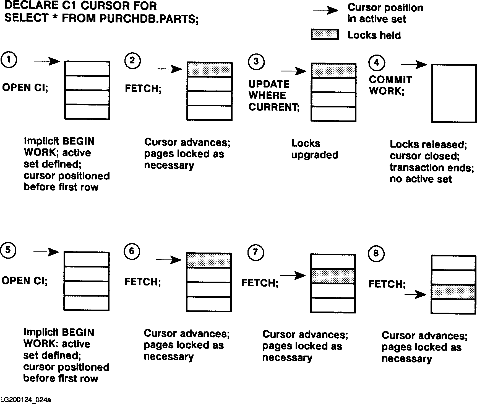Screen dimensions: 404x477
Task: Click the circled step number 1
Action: [9, 60]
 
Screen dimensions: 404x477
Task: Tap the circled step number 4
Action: [376, 62]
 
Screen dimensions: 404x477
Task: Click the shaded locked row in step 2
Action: [209, 70]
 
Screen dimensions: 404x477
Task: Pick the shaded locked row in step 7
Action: [333, 276]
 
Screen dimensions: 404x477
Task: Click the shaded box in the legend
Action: [325, 35]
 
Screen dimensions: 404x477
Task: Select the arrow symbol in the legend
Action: [325, 11]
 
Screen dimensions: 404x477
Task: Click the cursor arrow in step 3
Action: [293, 71]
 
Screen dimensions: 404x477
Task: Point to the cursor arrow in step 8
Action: [415, 295]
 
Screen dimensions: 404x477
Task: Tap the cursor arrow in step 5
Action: [46, 252]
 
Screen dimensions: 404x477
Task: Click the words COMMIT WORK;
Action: [390, 85]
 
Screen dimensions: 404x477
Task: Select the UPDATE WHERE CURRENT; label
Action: [273, 96]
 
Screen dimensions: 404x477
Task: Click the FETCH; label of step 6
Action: [142, 282]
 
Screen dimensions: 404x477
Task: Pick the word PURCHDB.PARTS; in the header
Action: [149, 19]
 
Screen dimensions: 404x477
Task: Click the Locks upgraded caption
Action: [315, 149]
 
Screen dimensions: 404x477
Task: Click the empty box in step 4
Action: [454, 93]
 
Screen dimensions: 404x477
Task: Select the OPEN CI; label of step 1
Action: [25, 88]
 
